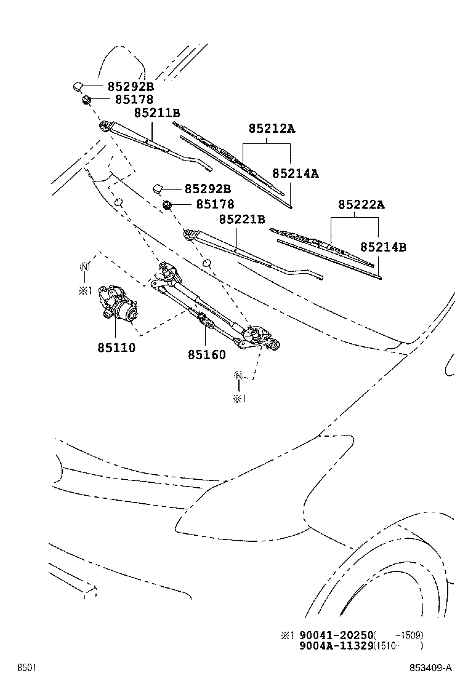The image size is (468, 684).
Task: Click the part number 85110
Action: [x=115, y=348]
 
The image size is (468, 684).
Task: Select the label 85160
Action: [x=206, y=355]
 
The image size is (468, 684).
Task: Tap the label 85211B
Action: [x=157, y=113]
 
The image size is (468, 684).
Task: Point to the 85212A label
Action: [x=272, y=129]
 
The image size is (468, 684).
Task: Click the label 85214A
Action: [x=296, y=174]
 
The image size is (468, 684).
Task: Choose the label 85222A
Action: [x=360, y=205]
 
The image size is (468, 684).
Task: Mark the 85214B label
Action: [x=383, y=247]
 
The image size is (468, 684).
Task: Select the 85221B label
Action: [x=242, y=219]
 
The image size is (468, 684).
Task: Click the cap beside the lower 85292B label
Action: [x=158, y=189]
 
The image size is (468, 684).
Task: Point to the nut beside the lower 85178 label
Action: [x=167, y=204]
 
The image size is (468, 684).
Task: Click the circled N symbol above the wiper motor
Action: [x=84, y=266]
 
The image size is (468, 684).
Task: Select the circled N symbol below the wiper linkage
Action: [x=239, y=376]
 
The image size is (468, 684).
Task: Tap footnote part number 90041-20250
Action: [x=336, y=635]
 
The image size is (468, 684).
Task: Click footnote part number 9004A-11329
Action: [x=336, y=645]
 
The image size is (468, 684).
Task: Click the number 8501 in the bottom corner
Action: [x=25, y=668]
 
